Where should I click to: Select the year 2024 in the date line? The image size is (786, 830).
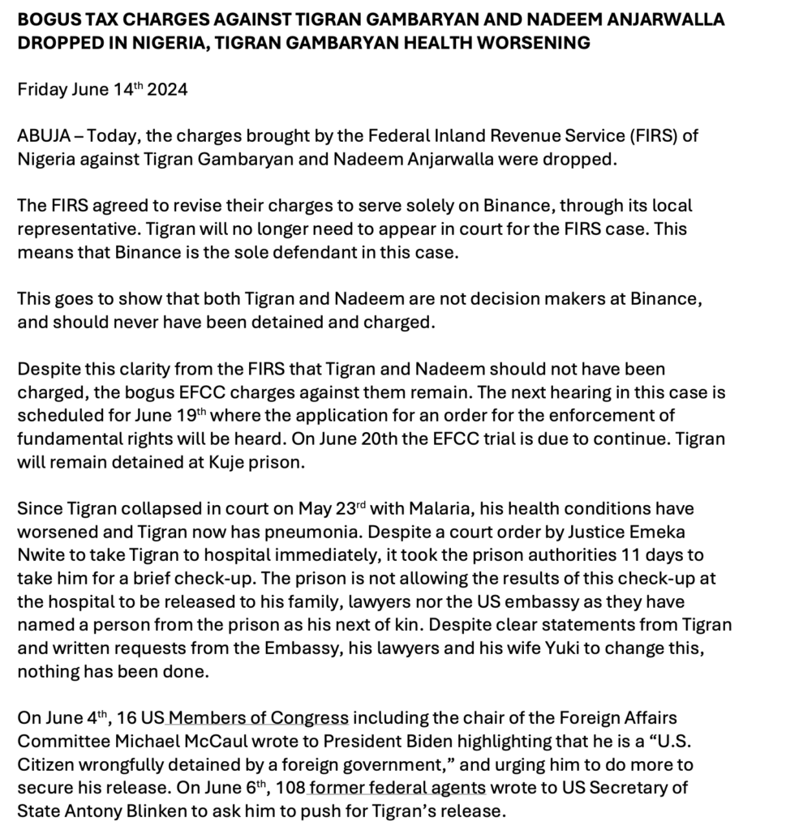167,90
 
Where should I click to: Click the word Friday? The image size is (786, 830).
42,90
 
